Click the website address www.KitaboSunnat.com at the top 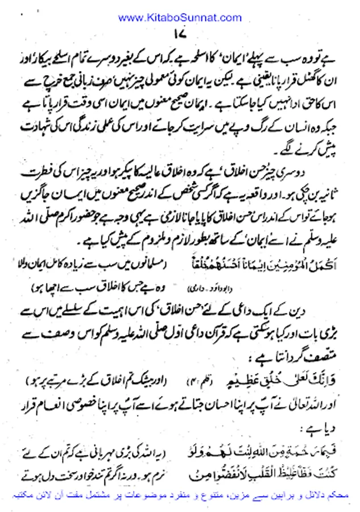[x=180, y=18]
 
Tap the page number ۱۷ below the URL [x=180, y=35]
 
